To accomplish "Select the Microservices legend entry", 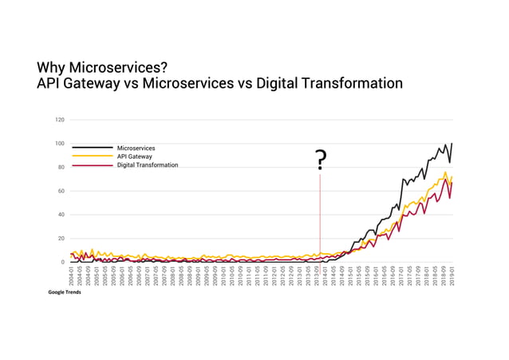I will point(136,148).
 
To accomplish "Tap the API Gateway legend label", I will point(134,157).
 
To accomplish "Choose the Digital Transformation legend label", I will point(148,165).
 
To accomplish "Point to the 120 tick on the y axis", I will point(60,121).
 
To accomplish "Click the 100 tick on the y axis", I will point(60,144).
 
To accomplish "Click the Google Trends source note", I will point(65,292).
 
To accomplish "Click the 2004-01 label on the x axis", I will point(72,276).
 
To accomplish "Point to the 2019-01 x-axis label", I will point(452,276).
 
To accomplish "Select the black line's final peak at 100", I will point(452,144).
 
